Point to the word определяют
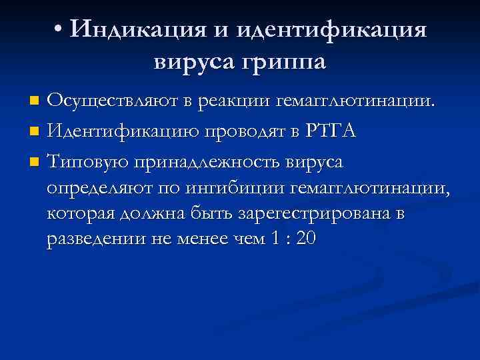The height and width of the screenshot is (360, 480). [x=99, y=189]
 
